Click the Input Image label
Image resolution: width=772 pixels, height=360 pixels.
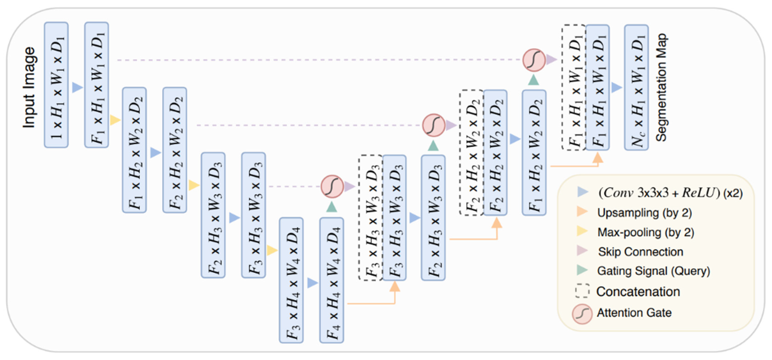[29, 87]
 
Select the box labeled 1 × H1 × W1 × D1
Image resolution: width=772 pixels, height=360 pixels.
[56, 85]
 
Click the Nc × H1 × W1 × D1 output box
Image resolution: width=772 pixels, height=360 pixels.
[636, 87]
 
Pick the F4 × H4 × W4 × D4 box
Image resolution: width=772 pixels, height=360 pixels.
[331, 280]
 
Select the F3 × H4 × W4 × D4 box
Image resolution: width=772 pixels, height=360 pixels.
[291, 280]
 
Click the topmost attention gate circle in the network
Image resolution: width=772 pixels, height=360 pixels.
[534, 60]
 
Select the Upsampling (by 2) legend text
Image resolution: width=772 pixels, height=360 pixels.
[644, 213]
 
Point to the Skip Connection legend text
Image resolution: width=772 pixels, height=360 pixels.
[640, 252]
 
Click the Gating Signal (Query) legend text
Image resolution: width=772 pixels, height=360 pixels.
[653, 271]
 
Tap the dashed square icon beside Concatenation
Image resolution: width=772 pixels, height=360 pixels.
[582, 291]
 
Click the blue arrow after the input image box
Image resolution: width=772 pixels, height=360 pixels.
[77, 87]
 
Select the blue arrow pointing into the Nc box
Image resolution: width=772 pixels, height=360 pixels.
[616, 87]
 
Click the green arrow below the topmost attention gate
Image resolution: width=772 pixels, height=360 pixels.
[533, 80]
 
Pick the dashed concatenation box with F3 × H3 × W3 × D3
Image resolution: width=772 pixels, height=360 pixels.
[371, 218]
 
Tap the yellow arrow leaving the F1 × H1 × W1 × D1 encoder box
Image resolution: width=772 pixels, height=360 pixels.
[115, 120]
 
